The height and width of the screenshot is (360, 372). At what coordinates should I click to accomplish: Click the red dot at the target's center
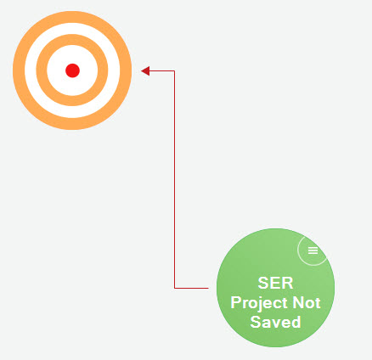point(72,70)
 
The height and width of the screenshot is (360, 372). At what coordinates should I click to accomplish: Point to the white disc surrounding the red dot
point(57,70)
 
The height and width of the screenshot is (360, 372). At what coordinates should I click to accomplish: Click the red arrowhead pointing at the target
point(145,71)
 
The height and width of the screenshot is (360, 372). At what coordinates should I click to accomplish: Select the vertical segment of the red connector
point(174,179)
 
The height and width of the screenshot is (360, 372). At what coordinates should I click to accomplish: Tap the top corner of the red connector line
point(174,70)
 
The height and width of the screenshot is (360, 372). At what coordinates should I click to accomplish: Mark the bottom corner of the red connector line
point(174,288)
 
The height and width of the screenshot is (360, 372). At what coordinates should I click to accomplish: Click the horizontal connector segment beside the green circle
point(191,288)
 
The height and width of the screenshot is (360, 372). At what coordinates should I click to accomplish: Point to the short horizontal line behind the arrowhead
point(162,70)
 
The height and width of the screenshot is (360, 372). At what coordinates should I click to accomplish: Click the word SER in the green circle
point(275,283)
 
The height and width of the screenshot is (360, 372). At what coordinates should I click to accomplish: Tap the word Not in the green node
point(307,302)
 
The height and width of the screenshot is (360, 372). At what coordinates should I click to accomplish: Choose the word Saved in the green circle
point(275,322)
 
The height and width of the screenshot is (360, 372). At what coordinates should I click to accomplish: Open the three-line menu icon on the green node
point(313,250)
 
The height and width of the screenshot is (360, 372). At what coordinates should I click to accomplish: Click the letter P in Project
point(235,302)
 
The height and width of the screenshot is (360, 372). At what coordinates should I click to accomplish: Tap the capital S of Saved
point(255,322)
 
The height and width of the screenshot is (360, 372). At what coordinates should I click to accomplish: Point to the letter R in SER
point(288,283)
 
